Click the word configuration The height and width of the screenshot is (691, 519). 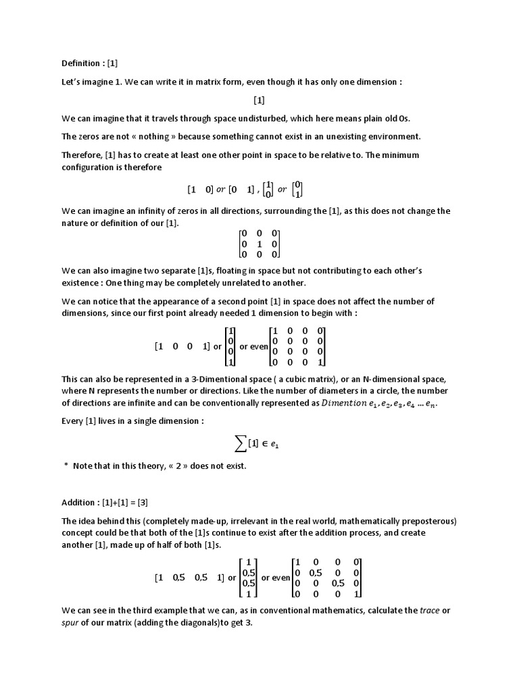[x=90, y=167]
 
